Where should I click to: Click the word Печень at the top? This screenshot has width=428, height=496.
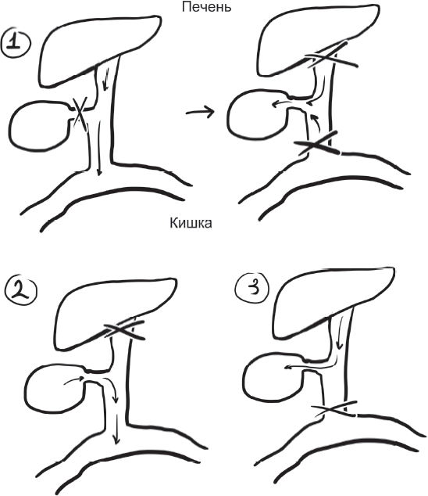point(206,6)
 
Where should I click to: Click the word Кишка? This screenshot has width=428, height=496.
point(191,223)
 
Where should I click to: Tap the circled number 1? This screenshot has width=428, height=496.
point(16,43)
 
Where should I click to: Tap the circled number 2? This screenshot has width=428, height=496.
point(21,291)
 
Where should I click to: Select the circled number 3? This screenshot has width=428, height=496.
point(252,289)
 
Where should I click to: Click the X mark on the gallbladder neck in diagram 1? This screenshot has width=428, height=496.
point(80,113)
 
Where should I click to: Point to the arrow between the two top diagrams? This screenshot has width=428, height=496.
point(200,111)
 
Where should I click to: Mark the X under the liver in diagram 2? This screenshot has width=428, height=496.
point(124,330)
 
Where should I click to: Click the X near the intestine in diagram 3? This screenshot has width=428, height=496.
point(333,410)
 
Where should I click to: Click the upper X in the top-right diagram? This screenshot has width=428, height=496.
point(330,58)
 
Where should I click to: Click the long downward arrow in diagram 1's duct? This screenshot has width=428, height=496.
point(99,148)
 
